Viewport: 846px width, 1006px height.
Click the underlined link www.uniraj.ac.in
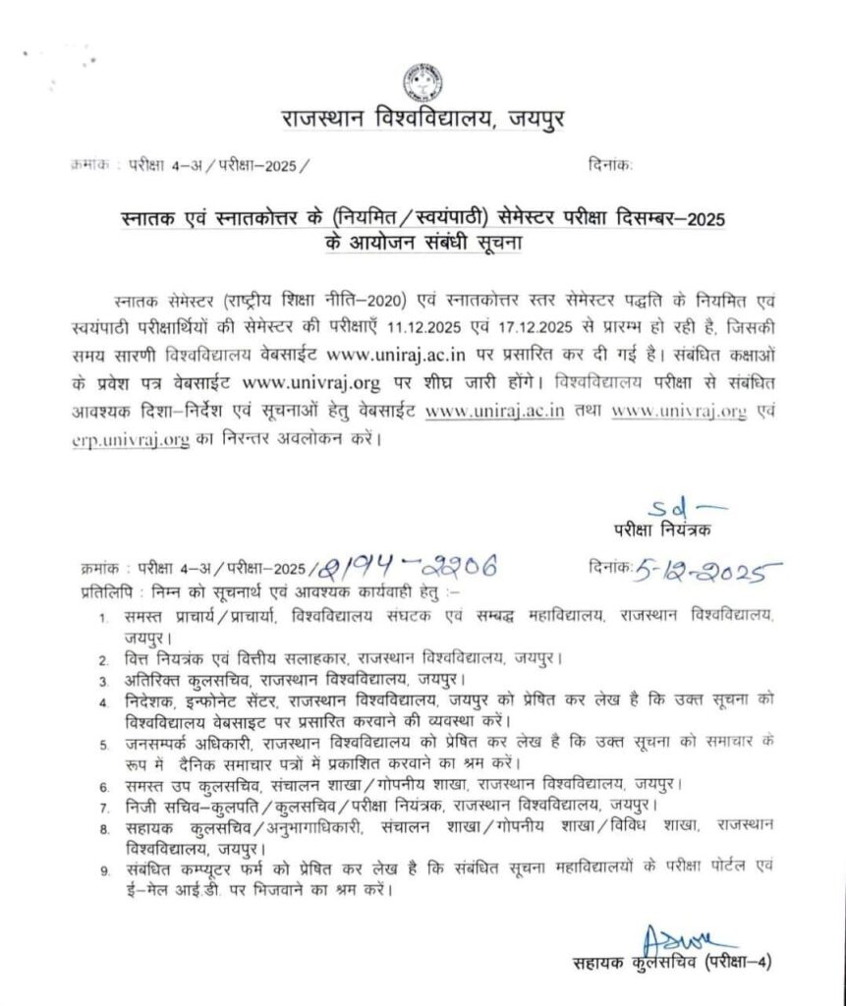494,414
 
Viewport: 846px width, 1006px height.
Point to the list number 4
102,702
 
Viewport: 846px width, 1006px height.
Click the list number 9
102,871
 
